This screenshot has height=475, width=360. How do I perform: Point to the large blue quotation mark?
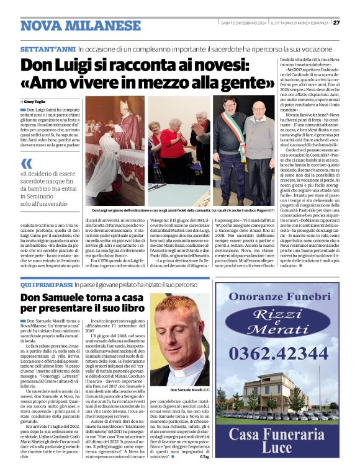pyautogui.click(x=27, y=164)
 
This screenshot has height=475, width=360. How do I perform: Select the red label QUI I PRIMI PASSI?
pyautogui.click(x=46, y=283)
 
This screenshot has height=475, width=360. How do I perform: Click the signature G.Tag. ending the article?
pyautogui.click(x=205, y=457)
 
